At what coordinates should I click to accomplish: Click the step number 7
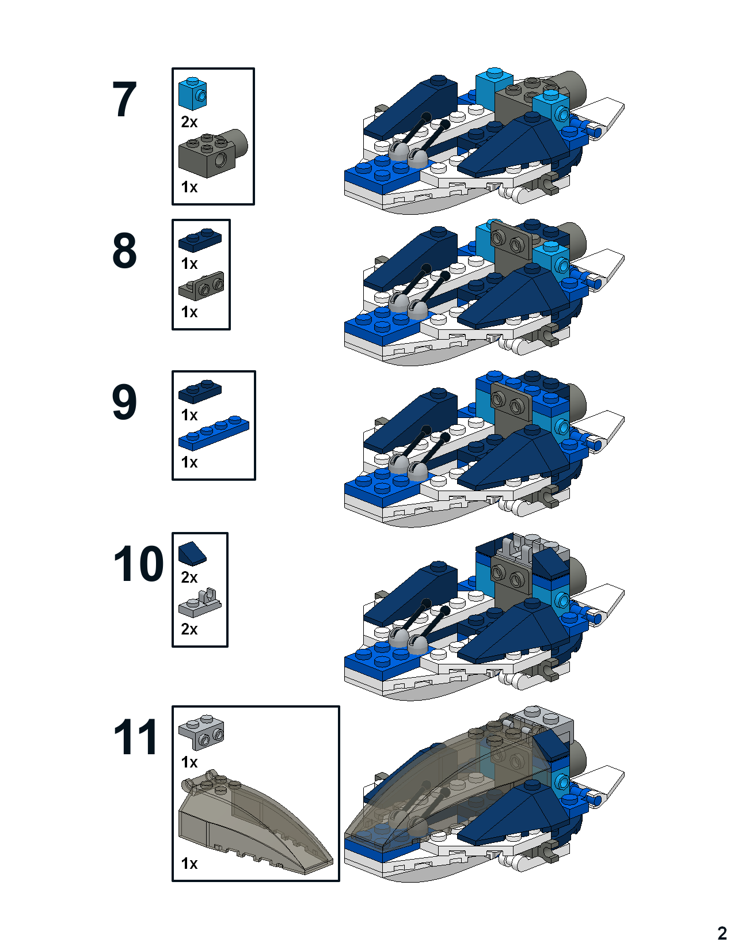(x=124, y=99)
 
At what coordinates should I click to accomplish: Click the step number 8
(x=124, y=250)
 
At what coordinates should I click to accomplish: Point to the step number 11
(x=135, y=736)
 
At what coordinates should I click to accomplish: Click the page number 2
(x=722, y=933)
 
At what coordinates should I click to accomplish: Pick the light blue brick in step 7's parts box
(x=192, y=93)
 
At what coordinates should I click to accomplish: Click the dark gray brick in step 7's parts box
(x=212, y=154)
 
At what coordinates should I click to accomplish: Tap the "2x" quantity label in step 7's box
(x=189, y=122)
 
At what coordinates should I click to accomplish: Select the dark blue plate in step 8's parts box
(x=200, y=240)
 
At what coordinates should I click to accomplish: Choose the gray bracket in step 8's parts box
(x=201, y=286)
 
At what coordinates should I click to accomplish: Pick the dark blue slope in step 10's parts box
(x=192, y=553)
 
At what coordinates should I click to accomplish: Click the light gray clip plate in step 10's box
(x=200, y=602)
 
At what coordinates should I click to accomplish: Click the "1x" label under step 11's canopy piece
(x=189, y=864)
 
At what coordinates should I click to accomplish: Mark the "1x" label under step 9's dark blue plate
(x=189, y=415)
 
